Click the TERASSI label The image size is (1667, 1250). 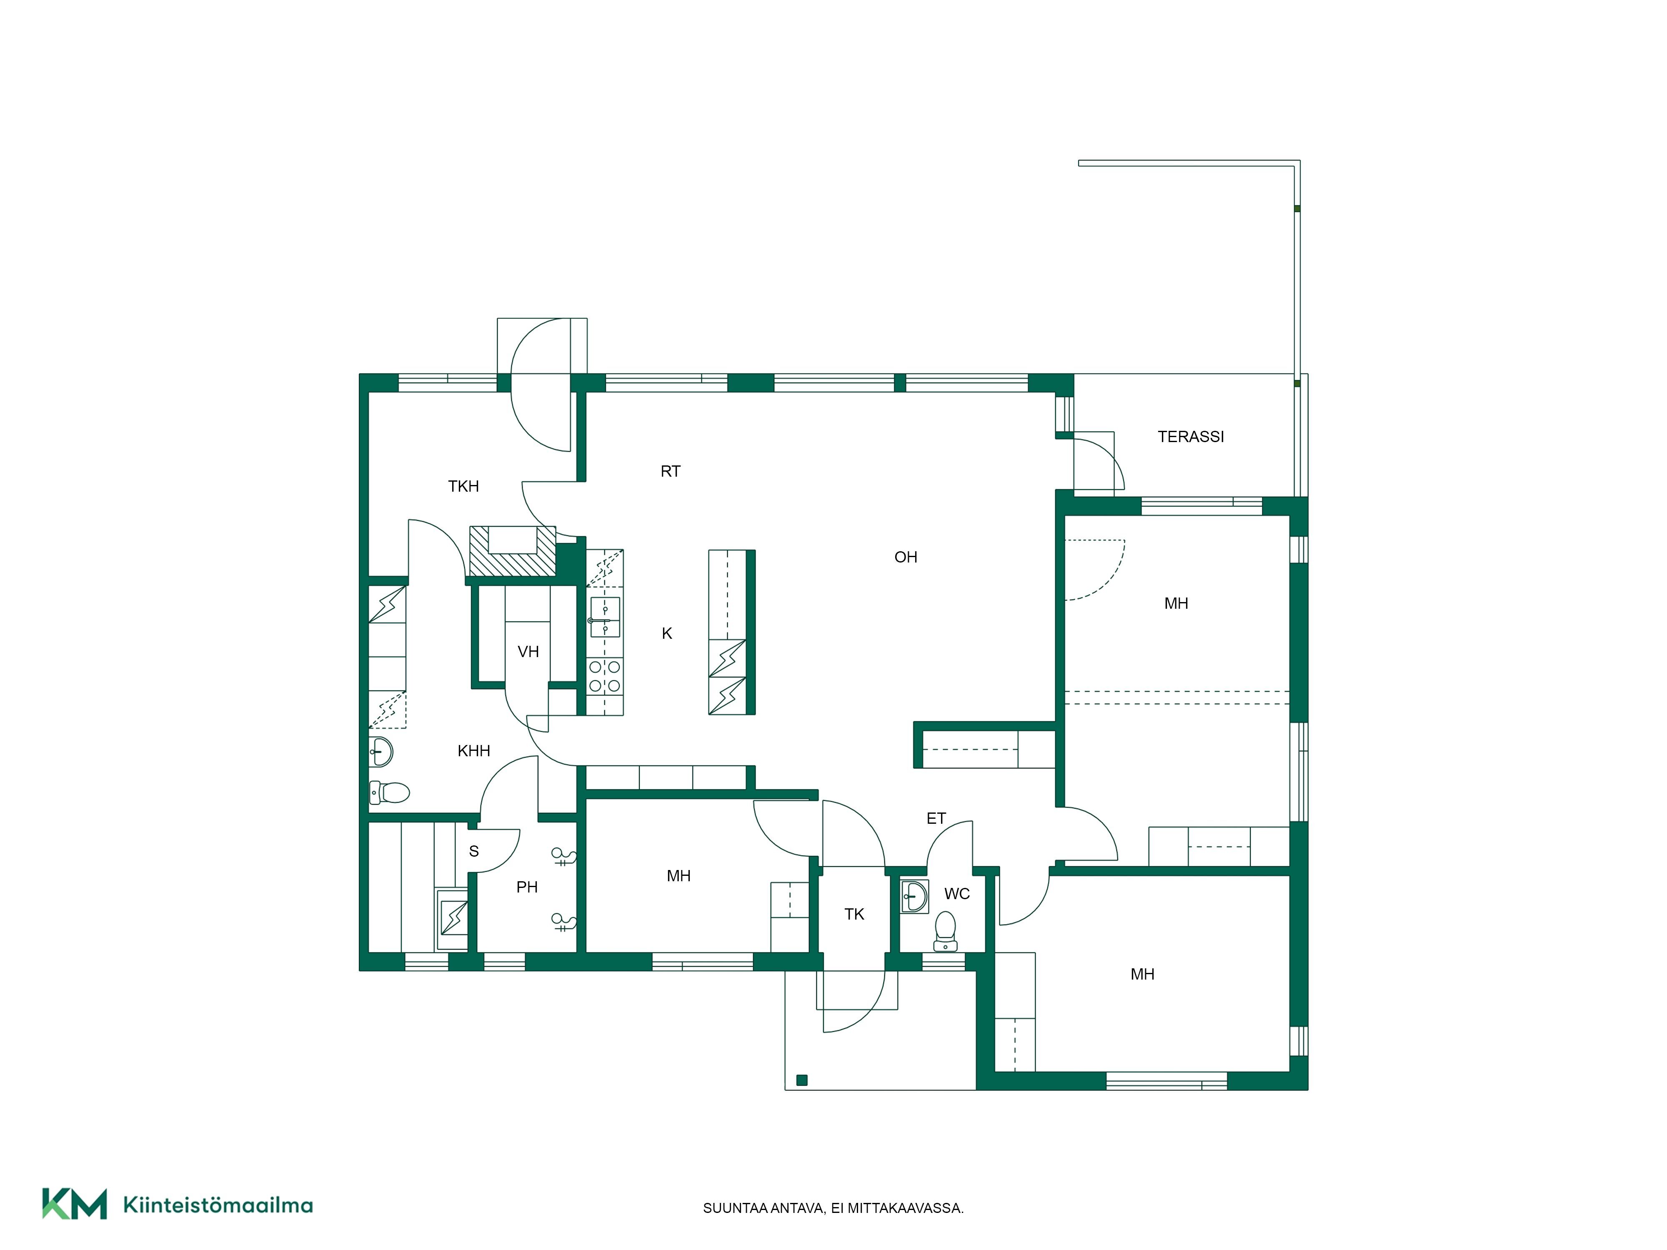click(1191, 436)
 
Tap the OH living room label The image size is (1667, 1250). click(906, 557)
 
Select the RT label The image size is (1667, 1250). click(671, 471)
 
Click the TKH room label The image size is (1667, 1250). click(463, 486)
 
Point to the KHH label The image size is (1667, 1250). click(474, 750)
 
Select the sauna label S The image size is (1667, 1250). click(474, 851)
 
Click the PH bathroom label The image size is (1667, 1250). click(528, 887)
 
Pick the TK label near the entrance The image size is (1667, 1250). click(855, 914)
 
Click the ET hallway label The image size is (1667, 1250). click(936, 818)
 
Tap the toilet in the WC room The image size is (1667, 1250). click(945, 931)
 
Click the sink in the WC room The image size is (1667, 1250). click(915, 897)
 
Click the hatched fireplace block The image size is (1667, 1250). click(513, 551)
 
